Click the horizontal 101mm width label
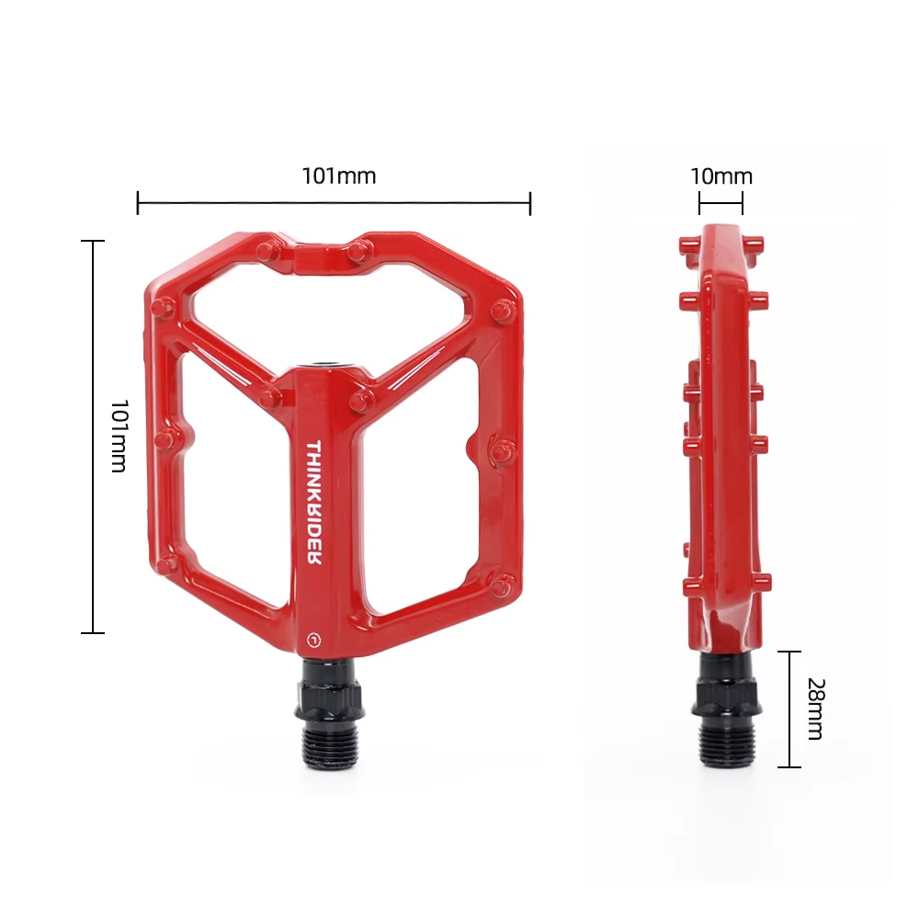tap(339, 176)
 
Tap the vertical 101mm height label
tap(119, 436)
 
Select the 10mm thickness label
tap(720, 176)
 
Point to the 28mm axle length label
tap(815, 709)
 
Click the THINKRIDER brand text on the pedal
tap(313, 502)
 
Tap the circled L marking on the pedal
tap(314, 640)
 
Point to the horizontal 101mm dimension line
tap(335, 203)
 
